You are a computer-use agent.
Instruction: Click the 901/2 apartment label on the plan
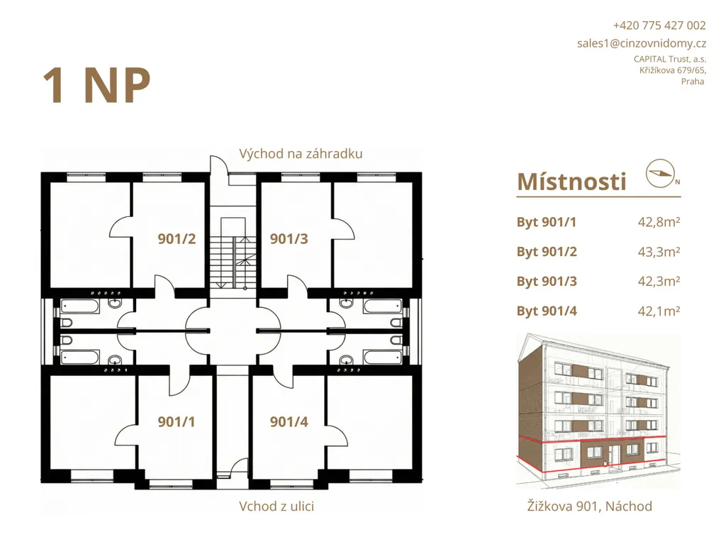pos(177,238)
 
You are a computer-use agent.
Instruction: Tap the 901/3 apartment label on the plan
pos(289,238)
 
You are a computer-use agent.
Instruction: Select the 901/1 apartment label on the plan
pos(177,421)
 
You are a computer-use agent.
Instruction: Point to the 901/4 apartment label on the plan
pos(289,421)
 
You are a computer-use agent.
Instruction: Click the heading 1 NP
pos(96,86)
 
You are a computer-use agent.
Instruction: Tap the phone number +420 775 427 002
pos(659,26)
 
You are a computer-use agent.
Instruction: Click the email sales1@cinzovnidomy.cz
pos(641,43)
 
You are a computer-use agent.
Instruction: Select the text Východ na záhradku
pos(301,154)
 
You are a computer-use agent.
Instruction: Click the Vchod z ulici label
pos(277,507)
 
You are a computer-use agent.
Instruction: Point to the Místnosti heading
pos(572,182)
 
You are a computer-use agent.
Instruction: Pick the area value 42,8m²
pos(659,222)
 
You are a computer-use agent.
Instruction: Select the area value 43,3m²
pos(659,252)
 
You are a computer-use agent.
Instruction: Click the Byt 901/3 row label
pos(547,281)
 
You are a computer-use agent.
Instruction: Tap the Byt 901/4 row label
pos(547,311)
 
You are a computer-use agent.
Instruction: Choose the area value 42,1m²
pos(659,311)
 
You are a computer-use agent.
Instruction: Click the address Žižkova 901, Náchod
pos(589,506)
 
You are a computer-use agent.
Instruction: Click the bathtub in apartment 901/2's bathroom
pos(79,306)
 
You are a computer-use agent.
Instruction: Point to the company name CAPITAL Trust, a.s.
pos(669,59)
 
